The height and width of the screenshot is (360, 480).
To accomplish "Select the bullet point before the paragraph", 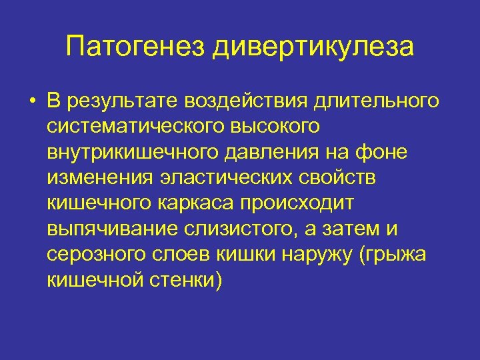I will [31, 101].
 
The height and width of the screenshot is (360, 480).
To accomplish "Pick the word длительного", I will [376, 101].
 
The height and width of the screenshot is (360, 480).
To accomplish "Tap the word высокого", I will [281, 127].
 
